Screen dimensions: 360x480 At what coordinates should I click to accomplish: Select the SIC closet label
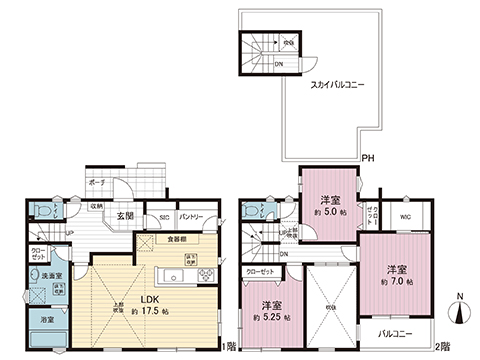[x=164, y=217]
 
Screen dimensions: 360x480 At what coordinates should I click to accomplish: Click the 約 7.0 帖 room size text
[x=397, y=282]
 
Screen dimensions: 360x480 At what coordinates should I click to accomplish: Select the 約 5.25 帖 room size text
[x=270, y=317]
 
